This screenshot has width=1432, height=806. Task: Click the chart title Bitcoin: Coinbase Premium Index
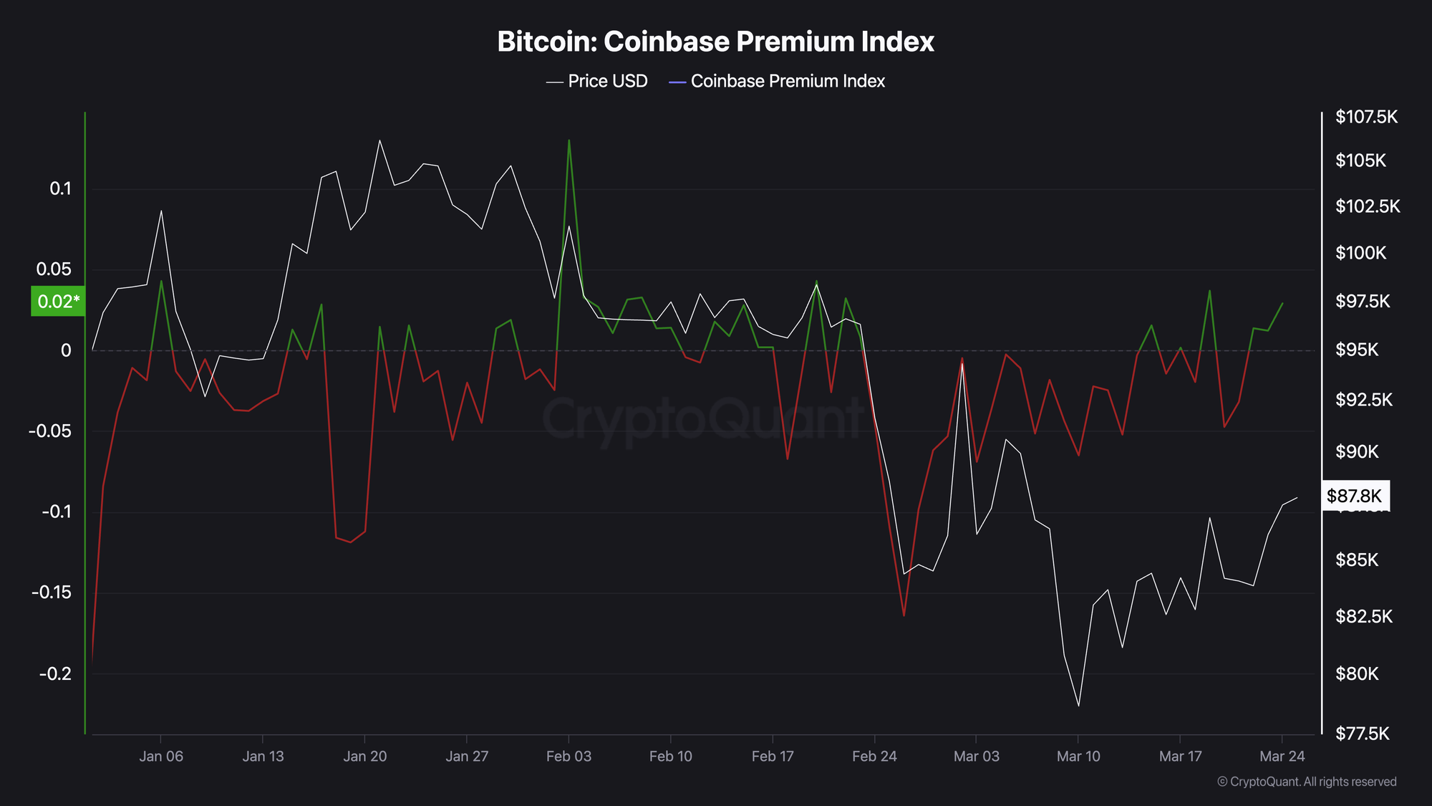pos(715,42)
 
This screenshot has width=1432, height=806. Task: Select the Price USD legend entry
pos(597,82)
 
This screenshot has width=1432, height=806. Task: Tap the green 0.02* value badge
pos(57,302)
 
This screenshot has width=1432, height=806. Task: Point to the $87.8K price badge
pos(1354,496)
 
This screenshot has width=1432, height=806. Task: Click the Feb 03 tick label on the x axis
pos(569,757)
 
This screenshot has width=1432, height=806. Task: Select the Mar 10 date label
pos(1078,757)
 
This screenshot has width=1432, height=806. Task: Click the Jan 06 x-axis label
pos(161,757)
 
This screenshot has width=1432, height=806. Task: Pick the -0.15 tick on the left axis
pos(52,592)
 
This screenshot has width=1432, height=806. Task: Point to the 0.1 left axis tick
pos(61,189)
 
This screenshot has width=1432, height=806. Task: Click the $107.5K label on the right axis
pos(1366,117)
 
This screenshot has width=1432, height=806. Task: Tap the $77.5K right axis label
pos(1362,734)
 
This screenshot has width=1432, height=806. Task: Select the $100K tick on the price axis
pos(1360,253)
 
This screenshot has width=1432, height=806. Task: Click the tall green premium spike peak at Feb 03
pos(569,140)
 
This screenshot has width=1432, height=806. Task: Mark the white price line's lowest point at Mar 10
pos(1078,706)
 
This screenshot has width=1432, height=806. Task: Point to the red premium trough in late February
pos(904,615)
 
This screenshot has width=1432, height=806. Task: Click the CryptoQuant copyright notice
pos(1307,782)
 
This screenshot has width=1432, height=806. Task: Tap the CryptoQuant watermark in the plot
pos(702,419)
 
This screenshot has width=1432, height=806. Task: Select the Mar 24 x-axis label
pos(1282,757)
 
